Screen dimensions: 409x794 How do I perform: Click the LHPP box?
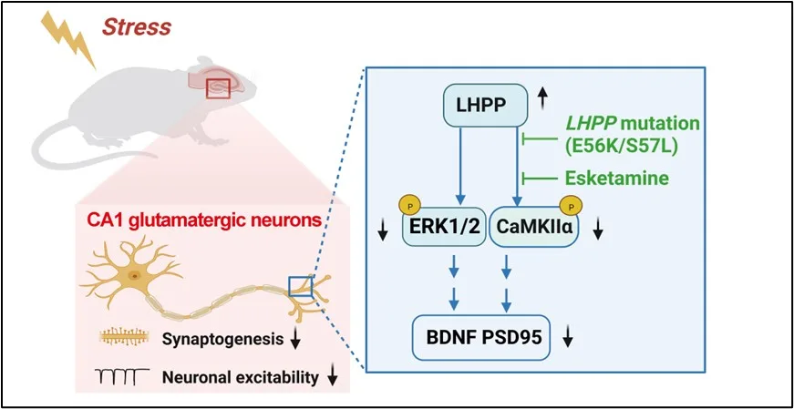[x=485, y=106]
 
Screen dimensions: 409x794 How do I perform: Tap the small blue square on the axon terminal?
[x=300, y=287]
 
